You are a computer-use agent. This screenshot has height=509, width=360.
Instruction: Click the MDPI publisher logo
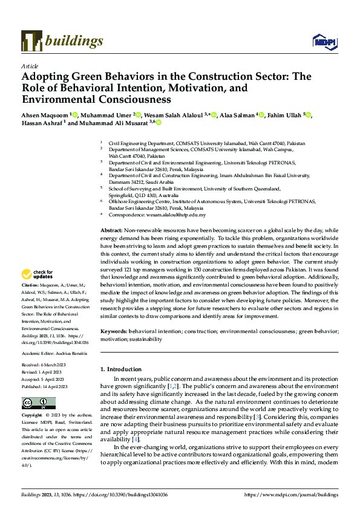coord(324,41)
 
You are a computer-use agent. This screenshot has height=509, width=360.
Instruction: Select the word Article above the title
coord(30,66)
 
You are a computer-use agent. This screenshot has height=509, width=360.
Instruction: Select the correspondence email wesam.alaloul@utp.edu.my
coord(175,215)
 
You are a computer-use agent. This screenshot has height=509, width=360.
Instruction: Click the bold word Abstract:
coord(112,232)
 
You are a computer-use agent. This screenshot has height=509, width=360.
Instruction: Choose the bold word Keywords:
coord(114,332)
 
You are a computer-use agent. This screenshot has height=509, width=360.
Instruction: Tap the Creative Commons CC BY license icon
coord(34,403)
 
